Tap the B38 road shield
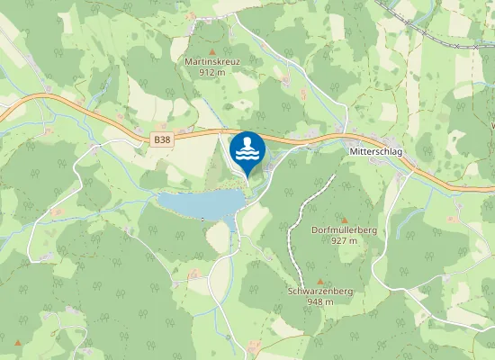point(161,139)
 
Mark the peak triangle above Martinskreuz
point(212,51)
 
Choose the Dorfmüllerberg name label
point(343,230)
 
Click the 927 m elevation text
point(343,240)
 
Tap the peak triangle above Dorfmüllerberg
point(344,220)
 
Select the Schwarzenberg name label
point(319,292)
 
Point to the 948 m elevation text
point(319,302)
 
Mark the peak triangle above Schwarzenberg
point(319,282)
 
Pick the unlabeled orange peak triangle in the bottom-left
point(17,343)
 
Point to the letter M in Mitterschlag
point(351,153)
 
